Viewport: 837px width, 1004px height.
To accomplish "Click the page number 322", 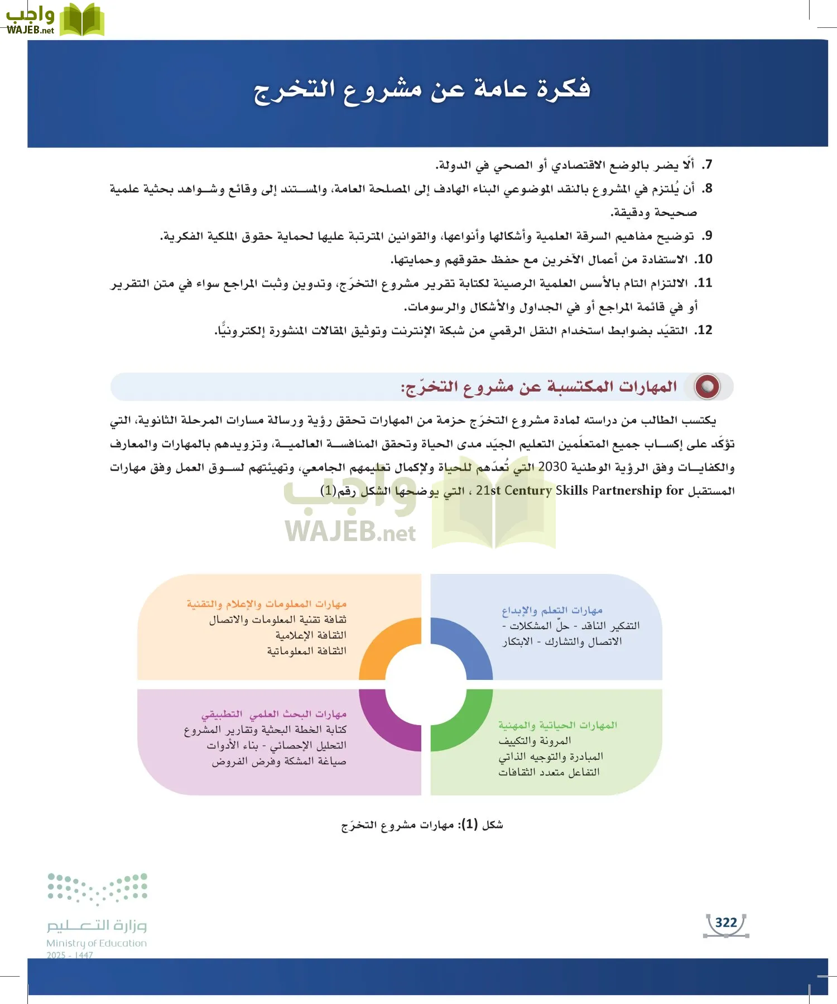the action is (726, 923).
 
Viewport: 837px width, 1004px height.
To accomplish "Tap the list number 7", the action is (707, 165).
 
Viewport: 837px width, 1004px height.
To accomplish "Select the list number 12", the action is (704, 330).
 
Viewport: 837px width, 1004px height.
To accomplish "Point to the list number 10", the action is (704, 259).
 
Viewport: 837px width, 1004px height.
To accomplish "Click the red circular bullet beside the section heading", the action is (707, 387).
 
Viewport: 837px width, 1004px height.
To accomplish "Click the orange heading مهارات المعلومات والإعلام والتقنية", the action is (267, 604).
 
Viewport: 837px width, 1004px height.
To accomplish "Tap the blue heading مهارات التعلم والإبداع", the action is (552, 611).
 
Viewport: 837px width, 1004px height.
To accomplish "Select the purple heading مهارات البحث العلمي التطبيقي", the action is (274, 714).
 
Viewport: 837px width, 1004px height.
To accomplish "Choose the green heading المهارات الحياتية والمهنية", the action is (557, 725).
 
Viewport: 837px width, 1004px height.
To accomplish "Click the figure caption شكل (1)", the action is (422, 825).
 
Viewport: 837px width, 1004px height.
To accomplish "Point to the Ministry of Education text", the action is (97, 943).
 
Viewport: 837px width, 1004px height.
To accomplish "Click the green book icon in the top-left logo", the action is (81, 20).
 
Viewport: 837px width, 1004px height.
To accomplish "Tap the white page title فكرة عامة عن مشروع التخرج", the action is (422, 90).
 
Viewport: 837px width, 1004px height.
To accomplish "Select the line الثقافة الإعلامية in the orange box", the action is (311, 635).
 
